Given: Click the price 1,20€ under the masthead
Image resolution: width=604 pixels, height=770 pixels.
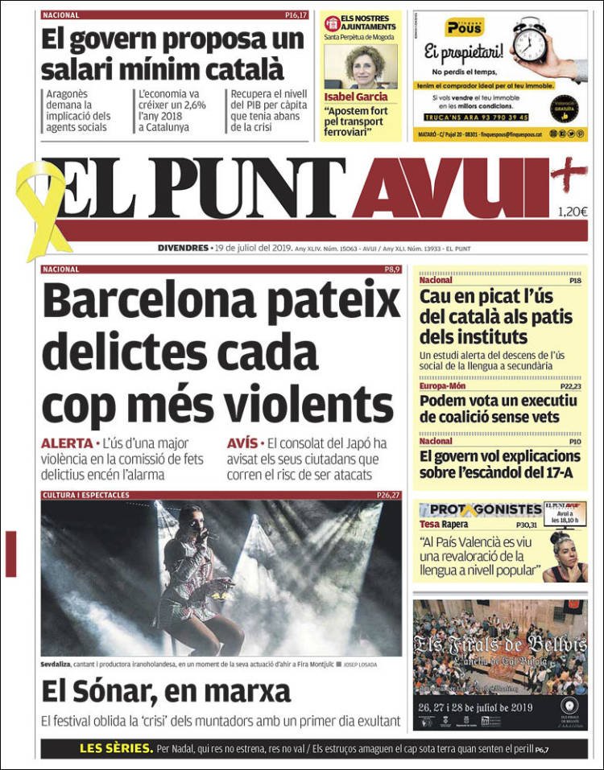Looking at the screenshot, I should click(x=572, y=212).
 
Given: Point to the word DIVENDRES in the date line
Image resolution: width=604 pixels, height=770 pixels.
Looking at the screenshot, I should click(x=183, y=248).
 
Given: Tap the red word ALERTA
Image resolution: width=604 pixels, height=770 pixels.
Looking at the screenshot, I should click(x=66, y=443).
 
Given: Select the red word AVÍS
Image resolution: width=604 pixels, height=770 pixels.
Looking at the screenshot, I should click(x=242, y=443).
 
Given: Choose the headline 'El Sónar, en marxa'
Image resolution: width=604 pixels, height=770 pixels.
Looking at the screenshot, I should click(x=166, y=692).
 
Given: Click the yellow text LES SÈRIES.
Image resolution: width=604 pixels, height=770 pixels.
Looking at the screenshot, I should click(x=116, y=749).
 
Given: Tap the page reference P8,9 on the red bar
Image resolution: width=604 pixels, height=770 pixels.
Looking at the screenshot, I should click(x=391, y=270).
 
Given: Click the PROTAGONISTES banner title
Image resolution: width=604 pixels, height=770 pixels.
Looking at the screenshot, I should click(x=482, y=509).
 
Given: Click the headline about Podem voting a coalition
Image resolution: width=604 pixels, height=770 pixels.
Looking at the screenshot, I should click(x=499, y=409).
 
